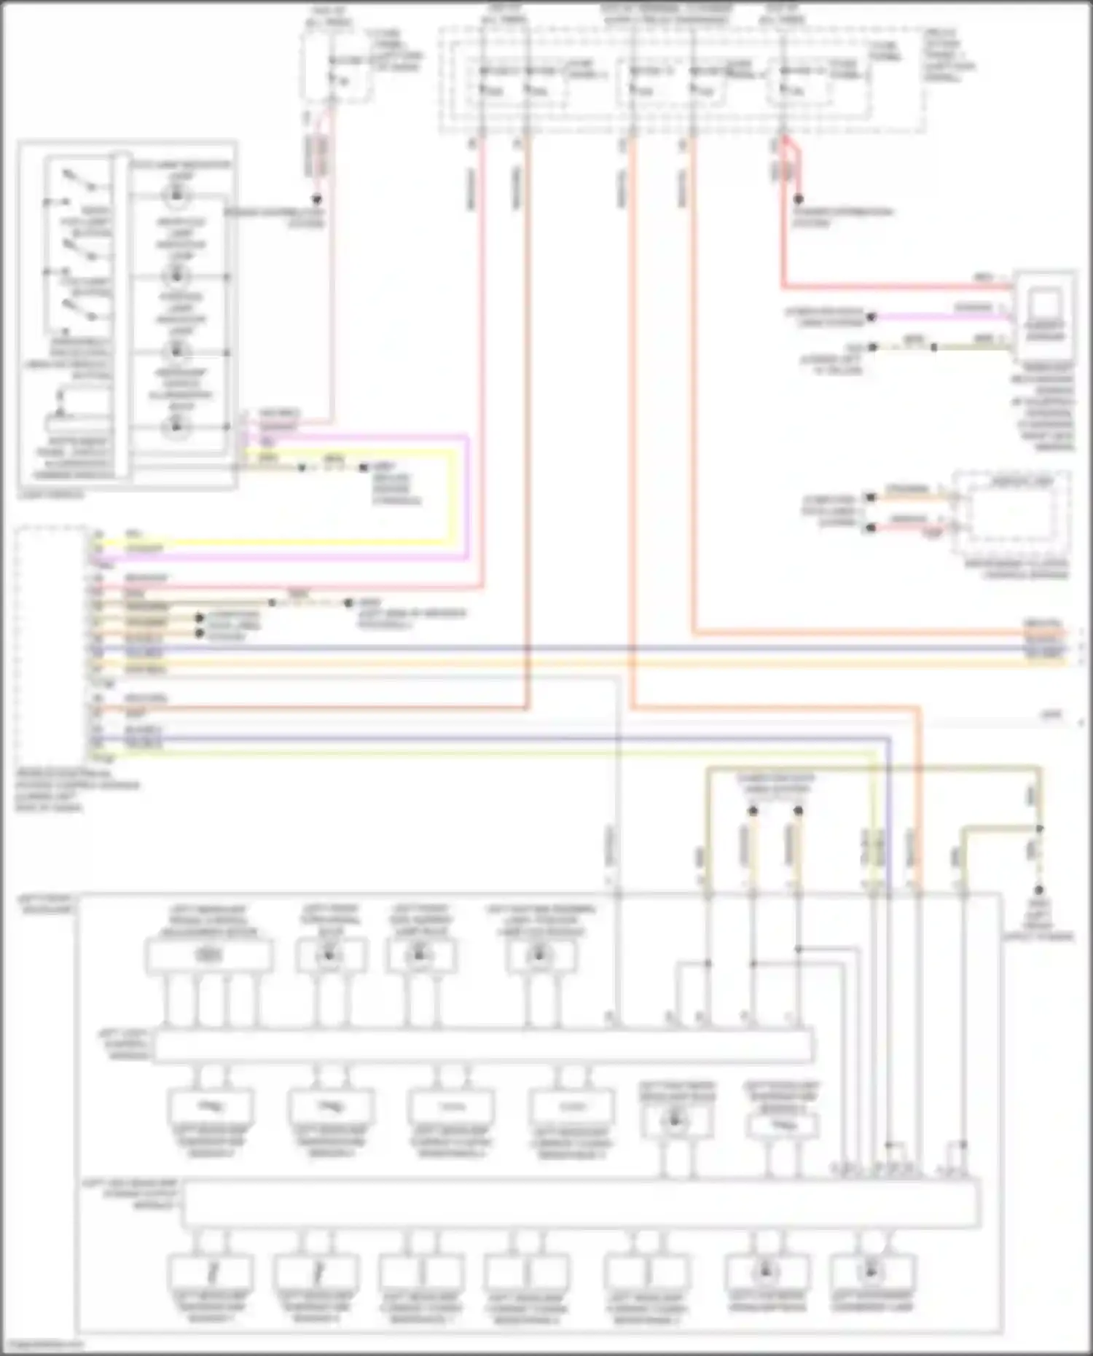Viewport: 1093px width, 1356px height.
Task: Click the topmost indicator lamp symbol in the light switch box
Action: point(176,195)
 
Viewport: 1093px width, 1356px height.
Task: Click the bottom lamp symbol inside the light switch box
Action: point(176,427)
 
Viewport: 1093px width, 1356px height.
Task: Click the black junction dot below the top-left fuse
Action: point(316,199)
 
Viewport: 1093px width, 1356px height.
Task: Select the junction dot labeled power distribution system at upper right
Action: point(799,199)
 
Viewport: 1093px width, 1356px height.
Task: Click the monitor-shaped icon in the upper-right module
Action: point(1045,304)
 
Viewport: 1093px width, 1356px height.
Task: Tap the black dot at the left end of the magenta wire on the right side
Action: point(871,317)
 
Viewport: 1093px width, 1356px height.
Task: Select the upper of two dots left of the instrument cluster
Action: point(870,498)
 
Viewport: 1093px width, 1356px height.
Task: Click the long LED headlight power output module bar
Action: point(580,1204)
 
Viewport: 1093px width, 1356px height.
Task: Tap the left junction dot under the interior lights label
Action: point(753,811)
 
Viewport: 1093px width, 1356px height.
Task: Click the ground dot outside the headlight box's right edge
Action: point(1039,890)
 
